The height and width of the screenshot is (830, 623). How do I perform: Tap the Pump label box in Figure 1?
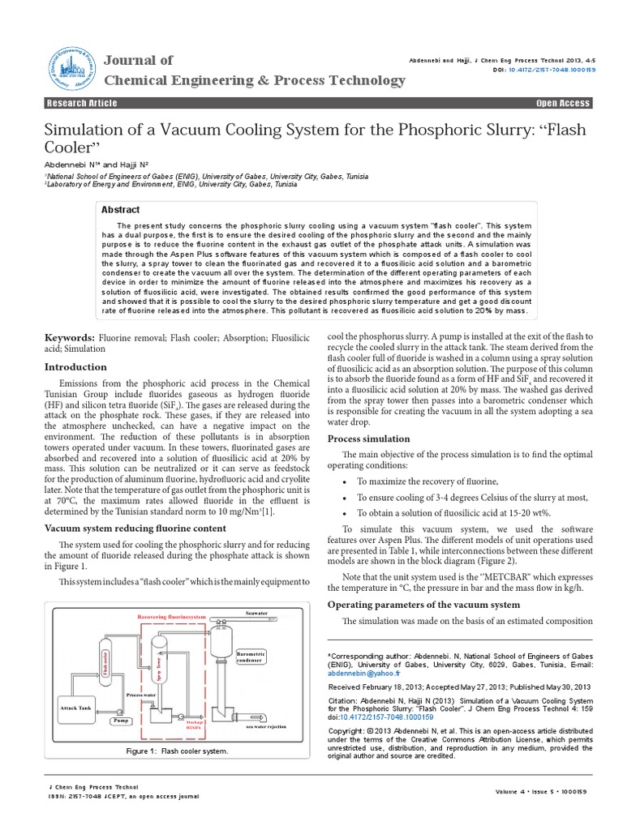119,719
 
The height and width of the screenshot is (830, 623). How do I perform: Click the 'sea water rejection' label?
266,726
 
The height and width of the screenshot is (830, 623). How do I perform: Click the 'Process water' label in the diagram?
141,695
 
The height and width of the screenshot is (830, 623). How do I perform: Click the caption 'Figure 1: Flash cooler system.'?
177,751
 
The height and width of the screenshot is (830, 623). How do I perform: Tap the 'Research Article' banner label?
82,103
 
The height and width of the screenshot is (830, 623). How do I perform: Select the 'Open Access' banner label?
563,103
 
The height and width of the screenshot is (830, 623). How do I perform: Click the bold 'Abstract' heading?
120,209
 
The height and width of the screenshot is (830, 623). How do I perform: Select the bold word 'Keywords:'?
69,336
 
